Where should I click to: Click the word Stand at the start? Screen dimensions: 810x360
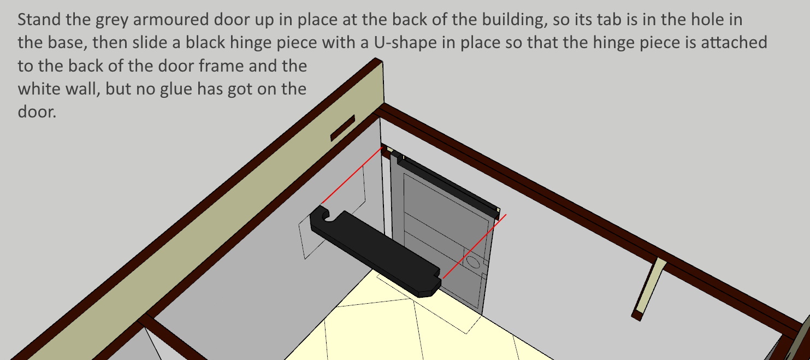[x=39, y=19]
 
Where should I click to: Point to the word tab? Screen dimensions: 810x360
[x=610, y=19]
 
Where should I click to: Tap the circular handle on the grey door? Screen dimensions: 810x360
[x=472, y=262]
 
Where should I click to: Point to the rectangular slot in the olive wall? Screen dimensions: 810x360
[x=343, y=128]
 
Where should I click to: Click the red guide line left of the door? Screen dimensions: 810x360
[x=352, y=176]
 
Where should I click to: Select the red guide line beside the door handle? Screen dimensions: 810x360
[x=475, y=246]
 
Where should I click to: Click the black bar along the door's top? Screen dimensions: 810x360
[x=448, y=185]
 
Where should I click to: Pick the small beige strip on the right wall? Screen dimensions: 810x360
[x=649, y=288]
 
